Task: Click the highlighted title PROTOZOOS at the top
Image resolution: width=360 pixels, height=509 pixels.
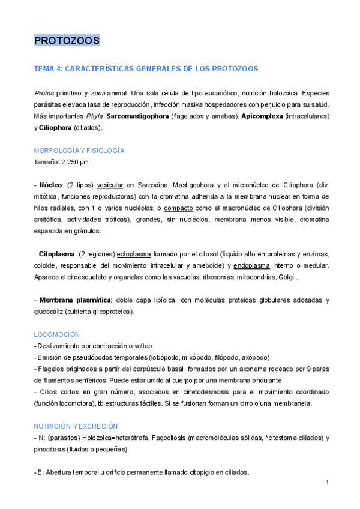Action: [67, 41]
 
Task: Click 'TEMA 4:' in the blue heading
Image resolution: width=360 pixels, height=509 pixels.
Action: [48, 69]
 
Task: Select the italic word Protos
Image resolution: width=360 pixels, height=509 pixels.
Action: [44, 94]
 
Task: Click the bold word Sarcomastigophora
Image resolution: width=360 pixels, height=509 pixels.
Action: [137, 116]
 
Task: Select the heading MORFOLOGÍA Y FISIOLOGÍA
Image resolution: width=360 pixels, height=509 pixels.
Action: [79, 150]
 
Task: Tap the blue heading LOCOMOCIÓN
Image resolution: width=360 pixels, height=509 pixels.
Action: [57, 334]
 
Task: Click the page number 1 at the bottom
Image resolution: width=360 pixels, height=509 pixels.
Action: [328, 483]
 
